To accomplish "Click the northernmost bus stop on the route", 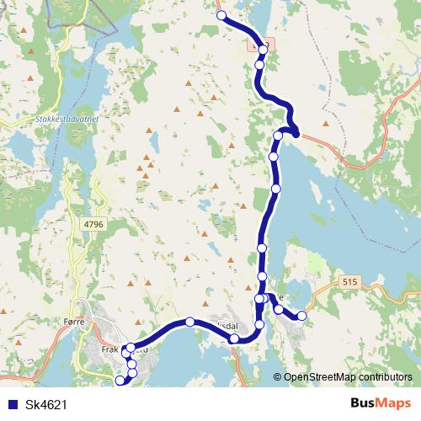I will pos(221,16).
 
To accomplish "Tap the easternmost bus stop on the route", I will pos(301,316).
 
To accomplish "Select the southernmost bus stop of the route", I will pos(120,381).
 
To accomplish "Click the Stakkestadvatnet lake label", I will pos(62,120).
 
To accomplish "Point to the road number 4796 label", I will pos(93,224).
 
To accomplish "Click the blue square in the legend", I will pos(12,405).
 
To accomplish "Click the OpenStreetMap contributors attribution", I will pos(348,377).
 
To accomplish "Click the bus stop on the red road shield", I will pos(263,50).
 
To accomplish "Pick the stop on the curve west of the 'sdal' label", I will pos(190,322).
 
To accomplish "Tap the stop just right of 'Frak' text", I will pos(131,348).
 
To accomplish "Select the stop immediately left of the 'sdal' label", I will pos(235,338).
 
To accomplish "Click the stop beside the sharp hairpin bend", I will pos(279,136).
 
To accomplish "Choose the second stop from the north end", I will pos(263,50).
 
